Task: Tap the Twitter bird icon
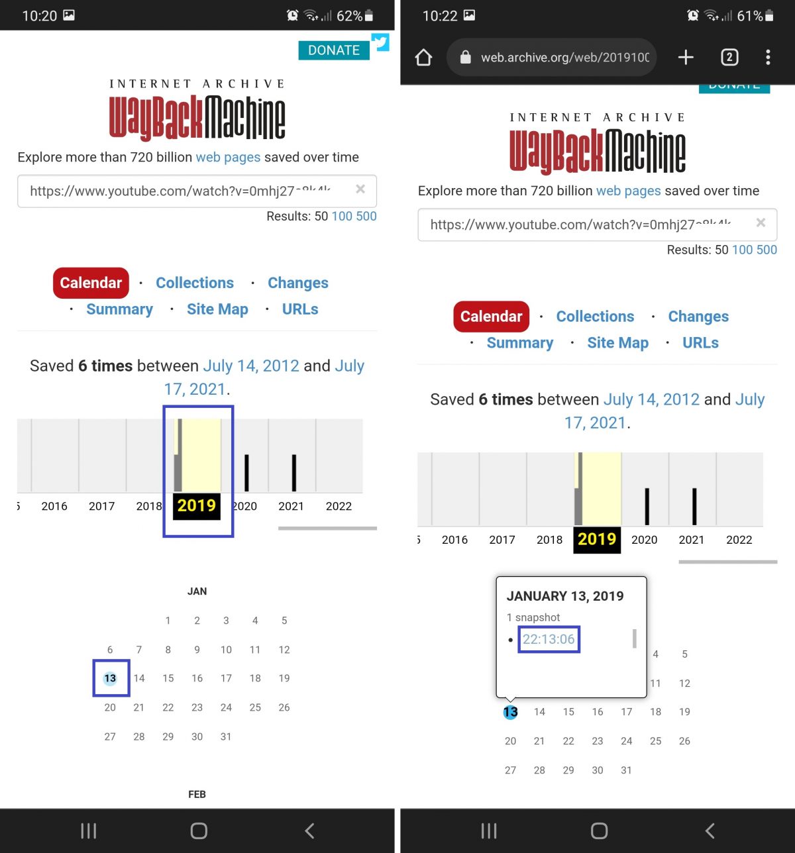pyautogui.click(x=380, y=43)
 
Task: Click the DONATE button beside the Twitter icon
pyautogui.click(x=333, y=50)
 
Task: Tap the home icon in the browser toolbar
pyautogui.click(x=423, y=58)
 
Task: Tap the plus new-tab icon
pyautogui.click(x=686, y=58)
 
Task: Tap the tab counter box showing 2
pyautogui.click(x=729, y=58)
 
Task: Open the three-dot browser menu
pyautogui.click(x=768, y=58)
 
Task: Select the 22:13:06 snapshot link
pyautogui.click(x=549, y=639)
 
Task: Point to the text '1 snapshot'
pyautogui.click(x=533, y=617)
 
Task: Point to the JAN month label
pyautogui.click(x=197, y=591)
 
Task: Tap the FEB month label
pyautogui.click(x=197, y=794)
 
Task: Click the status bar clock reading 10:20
pyautogui.click(x=39, y=16)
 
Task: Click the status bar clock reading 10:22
pyautogui.click(x=440, y=16)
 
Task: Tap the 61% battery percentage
pyautogui.click(x=749, y=16)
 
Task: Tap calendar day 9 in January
pyautogui.click(x=197, y=650)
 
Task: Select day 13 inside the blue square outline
pyautogui.click(x=110, y=678)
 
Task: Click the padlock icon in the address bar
pyautogui.click(x=466, y=58)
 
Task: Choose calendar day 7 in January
pyautogui.click(x=138, y=650)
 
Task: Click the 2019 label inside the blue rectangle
pyautogui.click(x=197, y=506)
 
